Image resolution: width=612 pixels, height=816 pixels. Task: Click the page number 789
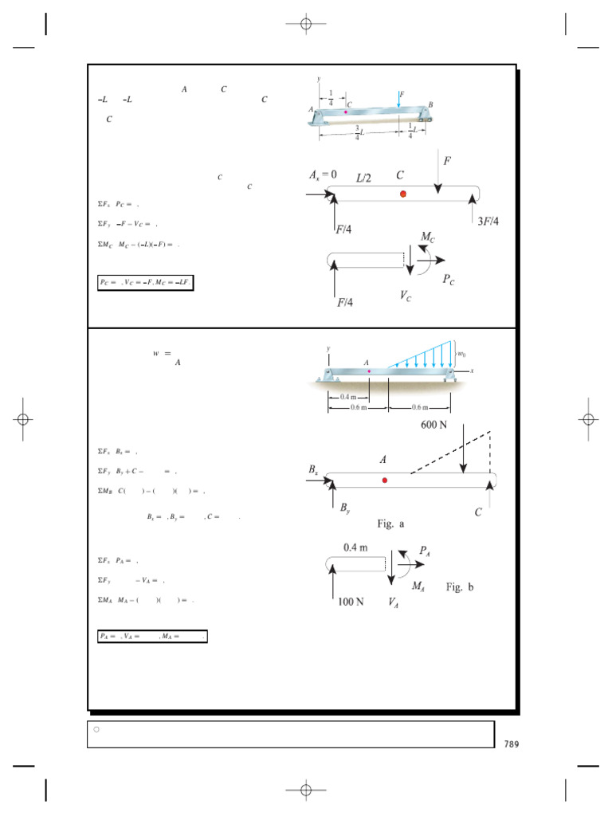pos(511,744)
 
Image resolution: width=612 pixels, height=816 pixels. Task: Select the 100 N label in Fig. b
pos(347,602)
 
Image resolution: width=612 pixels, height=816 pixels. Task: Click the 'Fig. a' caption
pos(391,524)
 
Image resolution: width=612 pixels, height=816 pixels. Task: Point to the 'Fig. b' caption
pos(460,587)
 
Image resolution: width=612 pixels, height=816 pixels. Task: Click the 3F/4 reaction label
pos(488,221)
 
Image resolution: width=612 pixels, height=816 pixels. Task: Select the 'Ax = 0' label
pos(323,174)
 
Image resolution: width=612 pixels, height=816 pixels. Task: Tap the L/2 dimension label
pos(363,178)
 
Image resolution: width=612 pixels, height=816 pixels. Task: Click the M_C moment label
pos(429,236)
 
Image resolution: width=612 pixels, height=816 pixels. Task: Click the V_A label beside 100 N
pos(394,603)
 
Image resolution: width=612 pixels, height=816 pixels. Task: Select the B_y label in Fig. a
pos(344,508)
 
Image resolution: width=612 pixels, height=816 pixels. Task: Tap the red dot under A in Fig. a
pos(385,480)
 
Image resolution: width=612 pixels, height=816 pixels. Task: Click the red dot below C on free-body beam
pos(403,194)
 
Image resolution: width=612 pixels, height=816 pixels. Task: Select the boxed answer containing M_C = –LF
pos(145,282)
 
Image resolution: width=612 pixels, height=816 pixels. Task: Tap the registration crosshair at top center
pos(305,25)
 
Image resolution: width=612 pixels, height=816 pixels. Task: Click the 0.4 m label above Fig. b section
pos(355,547)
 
